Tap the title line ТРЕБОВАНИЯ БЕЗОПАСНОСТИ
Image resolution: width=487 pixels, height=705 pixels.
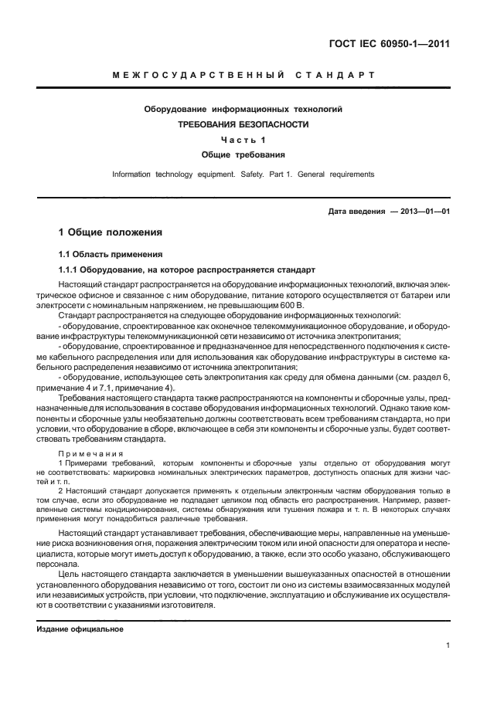[243, 124]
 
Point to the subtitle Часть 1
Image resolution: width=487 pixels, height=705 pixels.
[243, 140]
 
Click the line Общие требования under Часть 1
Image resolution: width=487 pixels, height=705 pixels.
[243, 154]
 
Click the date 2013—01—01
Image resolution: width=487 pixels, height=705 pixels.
[424, 211]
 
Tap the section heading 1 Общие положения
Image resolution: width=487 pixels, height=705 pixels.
[111, 232]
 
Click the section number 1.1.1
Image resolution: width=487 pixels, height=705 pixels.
[73, 270]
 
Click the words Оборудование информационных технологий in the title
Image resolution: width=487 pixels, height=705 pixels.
[243, 110]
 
